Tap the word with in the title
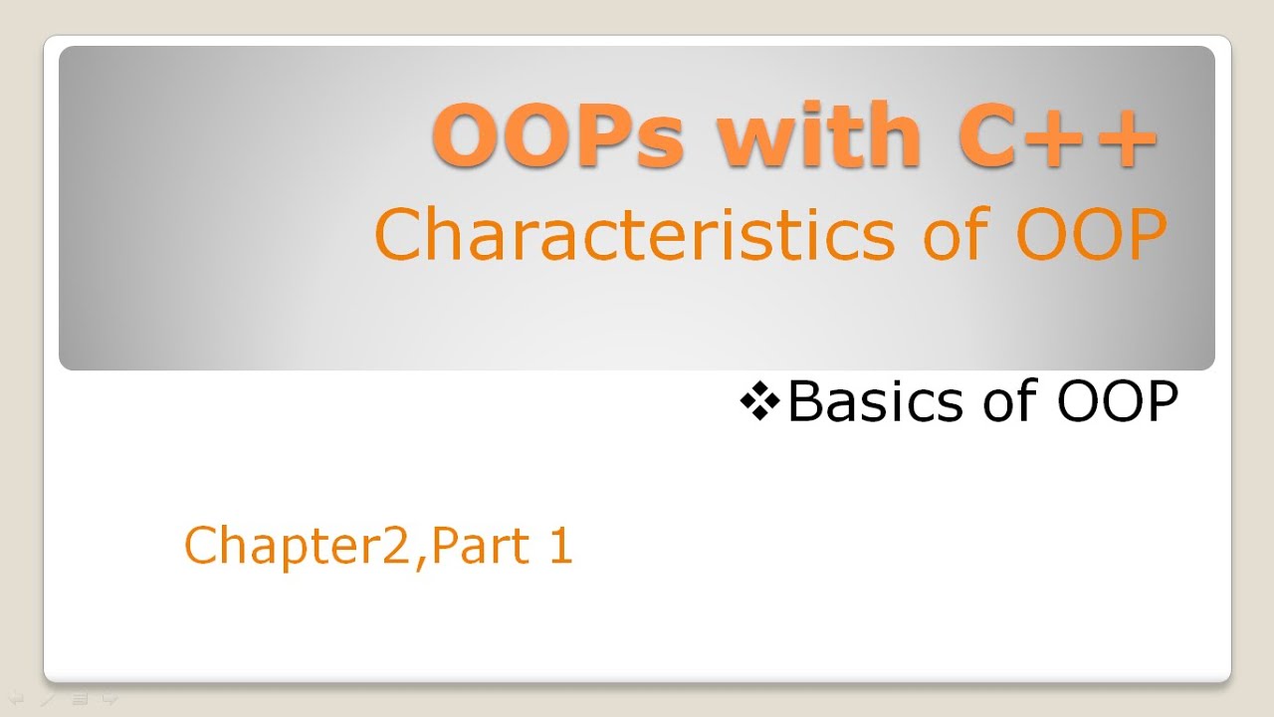[x=819, y=135]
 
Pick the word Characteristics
[x=635, y=235]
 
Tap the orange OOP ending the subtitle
[x=1091, y=235]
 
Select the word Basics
[x=875, y=402]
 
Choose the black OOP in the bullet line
[x=1117, y=402]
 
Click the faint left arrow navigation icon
[x=17, y=699]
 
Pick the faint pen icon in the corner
[x=47, y=699]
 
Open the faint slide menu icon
[x=80, y=699]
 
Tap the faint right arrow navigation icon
[x=109, y=699]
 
